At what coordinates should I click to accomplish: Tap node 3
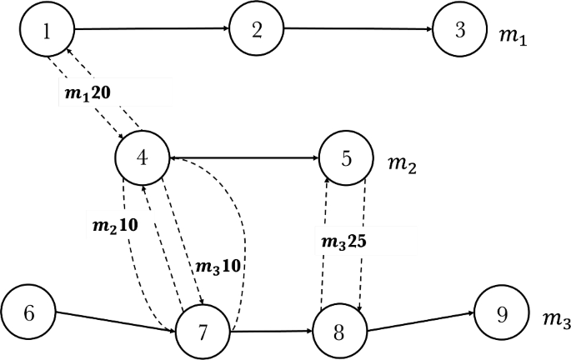459,33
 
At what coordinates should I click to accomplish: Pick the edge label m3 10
218,267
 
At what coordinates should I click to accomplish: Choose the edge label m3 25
342,242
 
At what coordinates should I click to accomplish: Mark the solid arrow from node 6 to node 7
116,321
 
